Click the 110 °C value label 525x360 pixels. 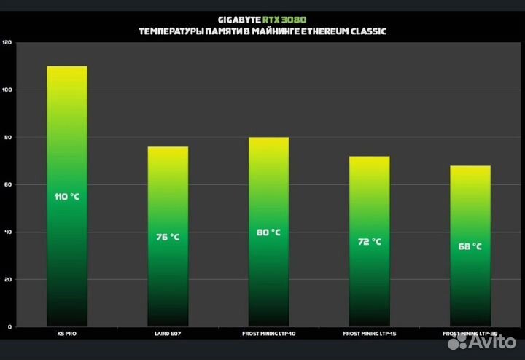click(66, 197)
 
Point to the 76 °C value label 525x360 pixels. click(168, 237)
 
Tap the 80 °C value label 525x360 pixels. click(268, 232)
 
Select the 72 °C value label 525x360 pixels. click(369, 242)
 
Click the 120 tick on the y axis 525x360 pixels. click(7, 43)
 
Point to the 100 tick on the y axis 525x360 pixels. click(7, 90)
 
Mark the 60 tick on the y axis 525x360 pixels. click(8, 185)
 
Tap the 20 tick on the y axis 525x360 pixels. click(8, 280)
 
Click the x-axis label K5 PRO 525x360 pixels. click(66, 334)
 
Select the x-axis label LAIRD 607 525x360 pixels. click(168, 334)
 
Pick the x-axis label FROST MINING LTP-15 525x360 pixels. click(369, 334)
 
